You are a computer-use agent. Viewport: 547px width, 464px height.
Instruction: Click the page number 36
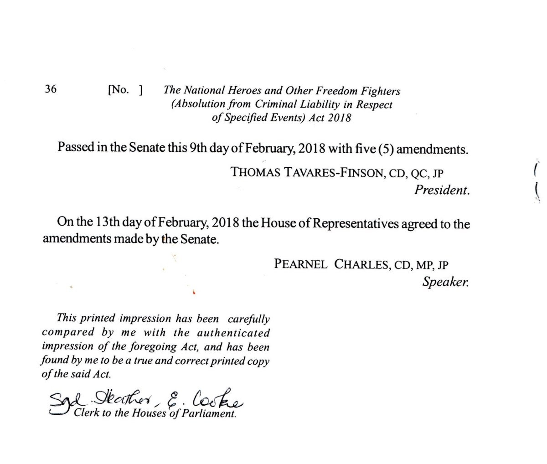pyautogui.click(x=51, y=89)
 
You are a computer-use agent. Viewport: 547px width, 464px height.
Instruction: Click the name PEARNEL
pyautogui.click(x=300, y=264)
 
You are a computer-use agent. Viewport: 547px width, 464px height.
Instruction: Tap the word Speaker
pyautogui.click(x=445, y=283)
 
